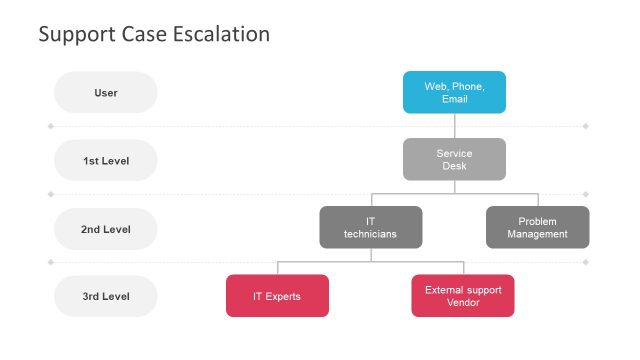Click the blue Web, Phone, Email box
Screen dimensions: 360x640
454,92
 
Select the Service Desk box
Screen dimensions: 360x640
454,159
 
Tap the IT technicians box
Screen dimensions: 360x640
370,227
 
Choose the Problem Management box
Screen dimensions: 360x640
537,227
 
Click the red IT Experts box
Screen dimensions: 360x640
277,296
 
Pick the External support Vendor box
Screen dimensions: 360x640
462,296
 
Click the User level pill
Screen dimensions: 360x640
106,93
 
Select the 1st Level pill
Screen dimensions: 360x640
106,160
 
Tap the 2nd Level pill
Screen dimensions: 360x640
106,229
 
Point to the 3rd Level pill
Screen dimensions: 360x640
106,296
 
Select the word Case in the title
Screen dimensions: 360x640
141,34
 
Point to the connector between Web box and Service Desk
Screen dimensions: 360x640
454,125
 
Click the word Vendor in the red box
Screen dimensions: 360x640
463,303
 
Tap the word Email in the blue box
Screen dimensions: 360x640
455,99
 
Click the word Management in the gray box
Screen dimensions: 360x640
537,234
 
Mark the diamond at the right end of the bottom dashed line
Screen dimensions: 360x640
585,263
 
